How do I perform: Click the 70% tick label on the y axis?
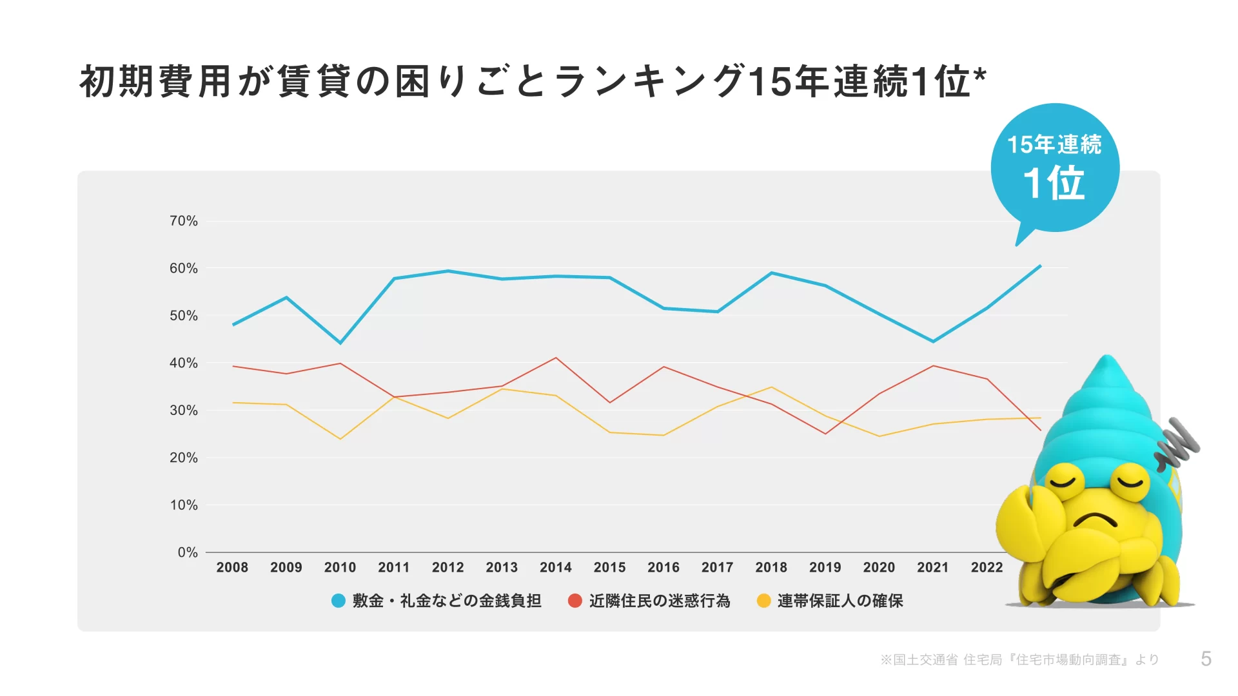(183, 221)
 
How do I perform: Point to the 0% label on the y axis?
(187, 552)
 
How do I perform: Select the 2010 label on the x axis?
(340, 567)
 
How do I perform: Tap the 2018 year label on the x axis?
(771, 567)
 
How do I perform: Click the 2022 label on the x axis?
(987, 567)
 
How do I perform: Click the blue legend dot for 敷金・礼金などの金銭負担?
(339, 601)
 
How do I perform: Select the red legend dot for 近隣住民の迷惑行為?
(575, 601)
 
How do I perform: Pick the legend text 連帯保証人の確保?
(840, 601)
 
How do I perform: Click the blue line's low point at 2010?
(340, 343)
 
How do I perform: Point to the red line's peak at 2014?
(556, 358)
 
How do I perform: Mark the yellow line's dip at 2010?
(340, 439)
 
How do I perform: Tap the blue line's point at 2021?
(933, 342)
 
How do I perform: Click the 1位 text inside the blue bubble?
(1054, 183)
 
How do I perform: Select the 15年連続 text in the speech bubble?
(1054, 144)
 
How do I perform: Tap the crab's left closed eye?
(1065, 481)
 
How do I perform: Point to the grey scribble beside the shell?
(1177, 443)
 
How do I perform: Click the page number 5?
(1206, 659)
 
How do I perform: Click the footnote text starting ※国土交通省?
(1019, 659)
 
